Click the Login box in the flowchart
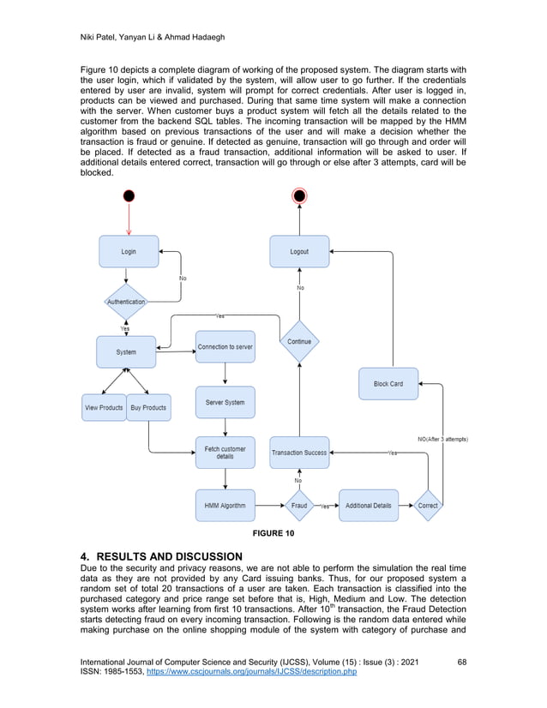click(x=129, y=251)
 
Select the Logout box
click(x=299, y=251)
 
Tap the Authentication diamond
click(x=126, y=302)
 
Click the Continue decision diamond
click(x=299, y=341)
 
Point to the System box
click(x=126, y=351)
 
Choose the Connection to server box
click(x=225, y=346)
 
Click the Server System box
click(x=225, y=402)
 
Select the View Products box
click(x=104, y=407)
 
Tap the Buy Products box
click(x=148, y=407)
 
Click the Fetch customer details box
click(x=225, y=453)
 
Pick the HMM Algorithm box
click(x=225, y=506)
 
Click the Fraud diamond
click(x=299, y=506)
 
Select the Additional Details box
click(x=369, y=506)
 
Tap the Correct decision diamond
click(x=428, y=506)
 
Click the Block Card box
click(x=388, y=383)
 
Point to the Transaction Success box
click(x=299, y=453)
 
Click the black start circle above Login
click(x=129, y=196)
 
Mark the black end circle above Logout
click(x=299, y=196)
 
